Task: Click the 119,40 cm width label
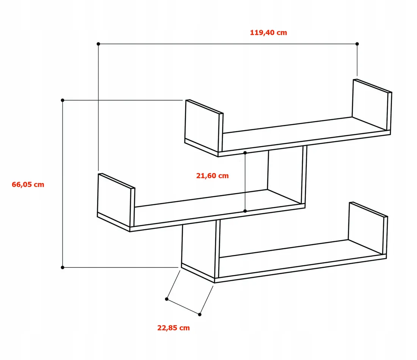point(268,33)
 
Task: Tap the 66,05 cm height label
point(28,184)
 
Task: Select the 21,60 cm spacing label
point(213,176)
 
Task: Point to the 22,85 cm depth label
point(173,328)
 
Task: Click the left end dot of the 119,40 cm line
point(99,44)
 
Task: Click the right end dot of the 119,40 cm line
point(357,44)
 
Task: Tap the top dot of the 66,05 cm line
point(63,100)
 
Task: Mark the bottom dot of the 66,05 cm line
point(63,267)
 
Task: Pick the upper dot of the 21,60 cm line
point(245,153)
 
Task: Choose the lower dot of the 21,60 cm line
point(245,211)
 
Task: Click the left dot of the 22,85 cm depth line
point(167,299)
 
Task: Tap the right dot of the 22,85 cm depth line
point(200,314)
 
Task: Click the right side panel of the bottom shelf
point(368,229)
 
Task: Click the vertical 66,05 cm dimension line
point(63,184)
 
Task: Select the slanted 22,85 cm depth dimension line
point(183,307)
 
